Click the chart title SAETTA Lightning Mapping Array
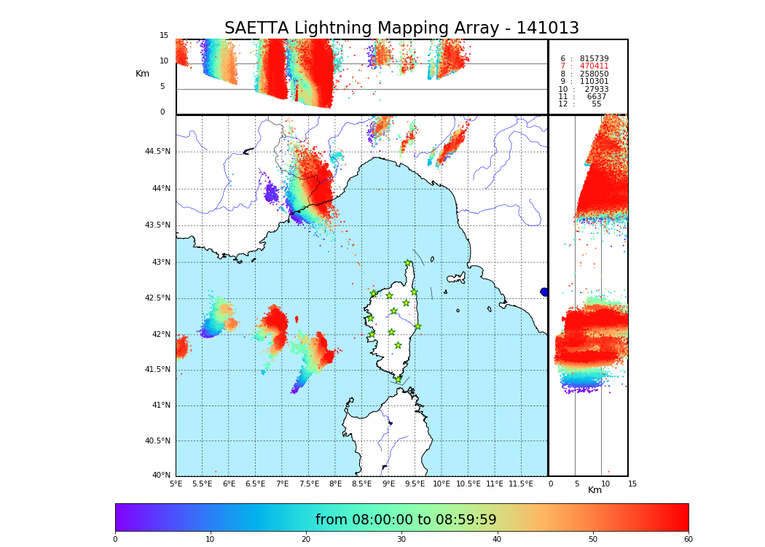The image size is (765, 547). pos(401,28)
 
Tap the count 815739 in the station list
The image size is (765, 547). pos(594,59)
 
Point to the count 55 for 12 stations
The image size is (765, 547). pos(596,104)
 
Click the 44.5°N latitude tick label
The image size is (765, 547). pos(157,152)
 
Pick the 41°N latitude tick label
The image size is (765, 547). pos(160,406)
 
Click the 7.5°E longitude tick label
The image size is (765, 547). pos(309,484)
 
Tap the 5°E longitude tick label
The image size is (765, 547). pos(176,484)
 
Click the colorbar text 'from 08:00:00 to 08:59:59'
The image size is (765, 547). pos(406,520)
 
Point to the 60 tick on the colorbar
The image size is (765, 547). pos(688,539)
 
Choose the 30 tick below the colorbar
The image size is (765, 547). pos(401,539)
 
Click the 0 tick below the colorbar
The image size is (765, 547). pos(115,539)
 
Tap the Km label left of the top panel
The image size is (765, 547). pos(143,74)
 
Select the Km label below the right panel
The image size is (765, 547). pos(595,490)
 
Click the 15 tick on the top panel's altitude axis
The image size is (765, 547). pos(164,36)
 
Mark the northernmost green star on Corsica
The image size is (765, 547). pos(408,263)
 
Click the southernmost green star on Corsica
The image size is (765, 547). pos(398,379)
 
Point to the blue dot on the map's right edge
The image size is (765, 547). pos(544,292)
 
